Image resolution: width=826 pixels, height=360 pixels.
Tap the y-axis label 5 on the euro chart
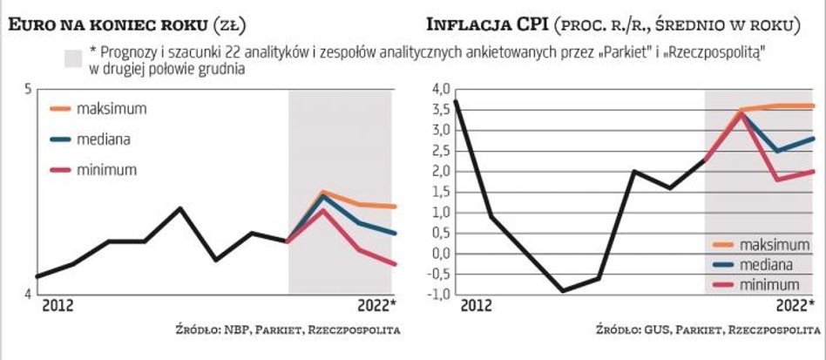(28, 89)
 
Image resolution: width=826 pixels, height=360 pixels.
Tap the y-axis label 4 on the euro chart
(28, 294)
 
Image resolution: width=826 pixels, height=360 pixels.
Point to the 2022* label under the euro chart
(376, 305)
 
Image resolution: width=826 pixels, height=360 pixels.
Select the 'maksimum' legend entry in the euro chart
(111, 109)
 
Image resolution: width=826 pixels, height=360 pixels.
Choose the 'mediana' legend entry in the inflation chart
(765, 263)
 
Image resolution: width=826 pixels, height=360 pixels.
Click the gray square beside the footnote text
(72, 58)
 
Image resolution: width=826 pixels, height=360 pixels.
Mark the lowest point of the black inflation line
(563, 291)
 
